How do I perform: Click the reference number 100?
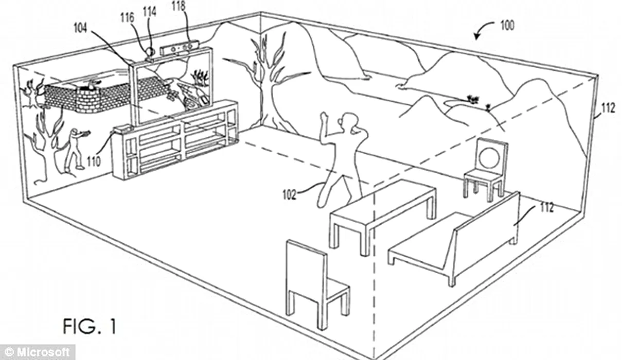coord(506,25)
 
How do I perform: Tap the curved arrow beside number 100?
coord(483,32)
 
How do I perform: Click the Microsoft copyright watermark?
coord(38,353)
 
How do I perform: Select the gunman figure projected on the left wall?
coord(76,150)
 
